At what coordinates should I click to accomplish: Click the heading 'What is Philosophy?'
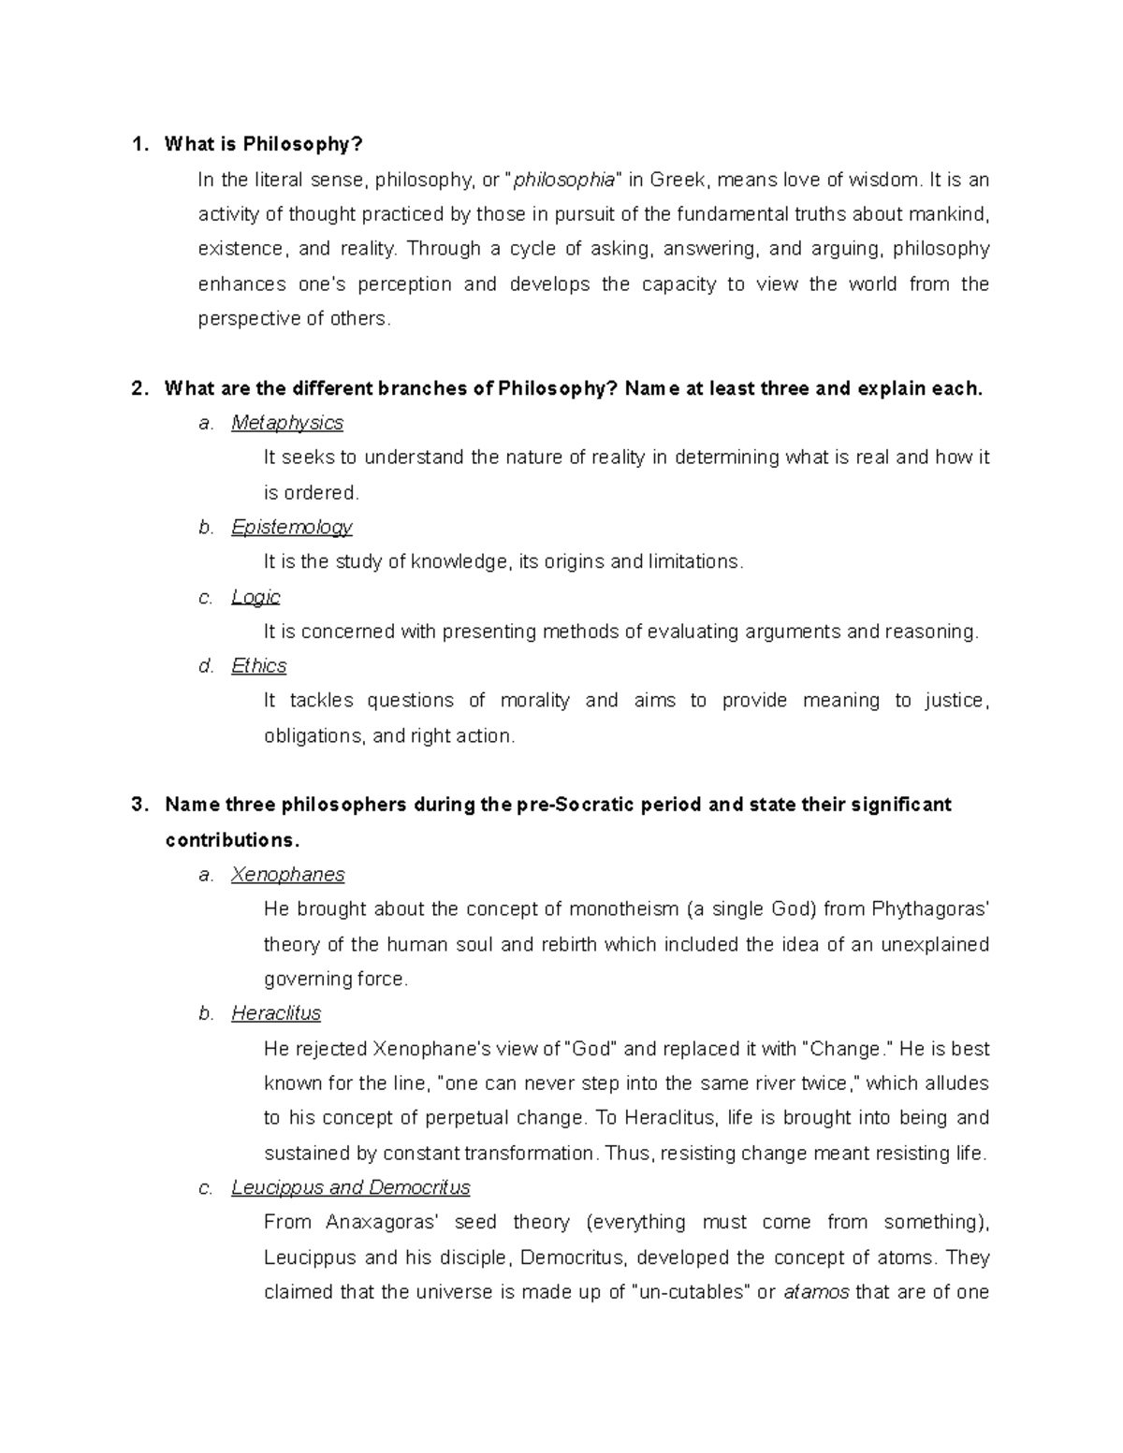click(263, 144)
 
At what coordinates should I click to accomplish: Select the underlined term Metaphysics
click(287, 423)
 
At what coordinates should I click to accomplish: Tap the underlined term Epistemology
click(292, 528)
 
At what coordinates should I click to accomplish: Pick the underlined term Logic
click(255, 597)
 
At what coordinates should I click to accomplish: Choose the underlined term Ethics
click(259, 666)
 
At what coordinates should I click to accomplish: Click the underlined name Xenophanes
click(288, 875)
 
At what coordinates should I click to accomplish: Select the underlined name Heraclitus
click(276, 1013)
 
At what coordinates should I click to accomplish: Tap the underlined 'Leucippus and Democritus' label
click(351, 1188)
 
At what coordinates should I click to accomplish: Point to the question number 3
click(139, 805)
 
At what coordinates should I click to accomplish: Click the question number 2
click(139, 388)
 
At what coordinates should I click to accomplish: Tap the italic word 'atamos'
click(816, 1293)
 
